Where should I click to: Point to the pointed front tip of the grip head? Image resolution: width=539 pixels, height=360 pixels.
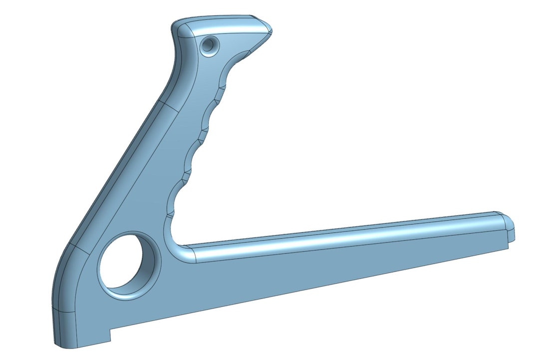270,32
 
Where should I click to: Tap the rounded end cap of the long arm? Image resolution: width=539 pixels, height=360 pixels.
509,226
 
